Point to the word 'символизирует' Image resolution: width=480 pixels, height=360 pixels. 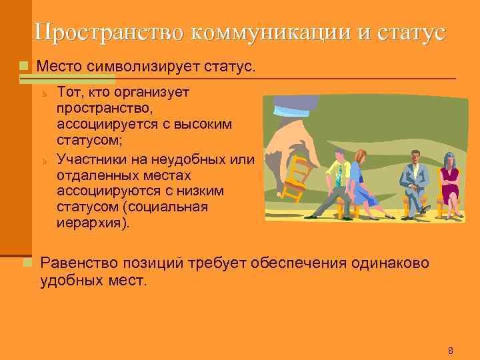click(138, 67)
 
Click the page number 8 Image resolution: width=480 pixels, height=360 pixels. click(450, 351)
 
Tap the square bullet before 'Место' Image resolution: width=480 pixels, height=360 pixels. click(25, 67)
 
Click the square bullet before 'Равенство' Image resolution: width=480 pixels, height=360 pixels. click(26, 261)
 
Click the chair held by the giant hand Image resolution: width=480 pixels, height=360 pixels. click(297, 177)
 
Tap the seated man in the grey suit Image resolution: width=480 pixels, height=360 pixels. click(413, 179)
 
